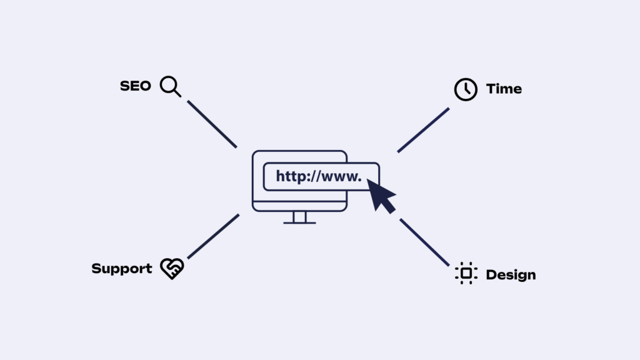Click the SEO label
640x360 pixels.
coord(136,86)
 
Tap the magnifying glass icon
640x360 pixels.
coord(170,86)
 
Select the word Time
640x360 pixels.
coord(504,89)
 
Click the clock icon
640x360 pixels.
coord(466,89)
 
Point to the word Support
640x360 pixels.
coord(122,269)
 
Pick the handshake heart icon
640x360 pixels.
coord(172,269)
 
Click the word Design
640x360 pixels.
coord(511,275)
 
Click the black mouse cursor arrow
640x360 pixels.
coord(381,196)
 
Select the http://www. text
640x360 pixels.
coord(319,176)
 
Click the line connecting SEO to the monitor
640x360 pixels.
coord(212,124)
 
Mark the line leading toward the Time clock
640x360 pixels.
coord(423,130)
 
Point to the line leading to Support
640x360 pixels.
coord(213,236)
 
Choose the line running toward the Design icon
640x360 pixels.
coord(424,242)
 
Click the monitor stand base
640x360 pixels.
coord(299,223)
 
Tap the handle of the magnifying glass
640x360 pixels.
coord(177,93)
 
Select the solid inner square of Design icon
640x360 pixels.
coord(466,274)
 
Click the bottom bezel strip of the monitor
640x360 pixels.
coord(299,206)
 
